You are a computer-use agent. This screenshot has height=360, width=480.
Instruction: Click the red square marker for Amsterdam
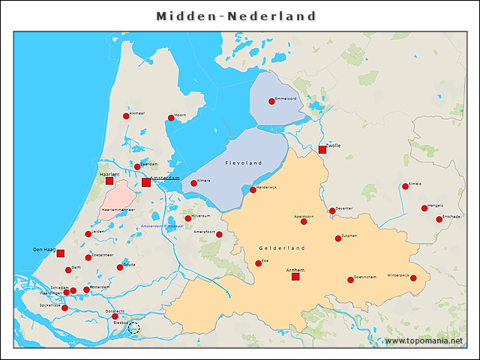pos(145,182)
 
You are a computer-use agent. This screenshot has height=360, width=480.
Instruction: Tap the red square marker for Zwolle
pos(322,150)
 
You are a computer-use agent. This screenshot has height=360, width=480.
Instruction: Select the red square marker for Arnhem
pos(295,277)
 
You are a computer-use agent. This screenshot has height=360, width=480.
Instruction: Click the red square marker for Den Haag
pos(61,253)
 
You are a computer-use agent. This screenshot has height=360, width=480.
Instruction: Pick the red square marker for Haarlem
pos(109,181)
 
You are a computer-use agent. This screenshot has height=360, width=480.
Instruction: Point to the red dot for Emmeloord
pos(271,101)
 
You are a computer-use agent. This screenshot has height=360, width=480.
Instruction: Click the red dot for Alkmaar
pos(126,116)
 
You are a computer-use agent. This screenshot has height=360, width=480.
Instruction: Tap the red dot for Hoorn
pos(171,118)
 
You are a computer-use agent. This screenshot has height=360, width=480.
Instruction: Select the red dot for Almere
pos(193,183)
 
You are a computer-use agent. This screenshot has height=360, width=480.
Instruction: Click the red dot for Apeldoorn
pos(304,221)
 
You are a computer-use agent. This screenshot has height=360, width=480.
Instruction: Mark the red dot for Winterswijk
pos(413,278)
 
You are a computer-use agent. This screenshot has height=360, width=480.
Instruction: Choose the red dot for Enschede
pos(439,220)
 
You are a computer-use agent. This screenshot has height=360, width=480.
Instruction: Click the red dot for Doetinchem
pos(350,280)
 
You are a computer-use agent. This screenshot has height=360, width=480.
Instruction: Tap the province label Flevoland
pos(244,163)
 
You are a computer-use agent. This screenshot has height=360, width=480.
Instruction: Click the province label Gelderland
pos(282,247)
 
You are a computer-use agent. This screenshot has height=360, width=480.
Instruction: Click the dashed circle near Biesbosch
pos(133,328)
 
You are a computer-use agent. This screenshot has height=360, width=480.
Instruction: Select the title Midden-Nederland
pos(236,16)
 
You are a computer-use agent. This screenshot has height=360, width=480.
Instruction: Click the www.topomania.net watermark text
pos(424,341)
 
